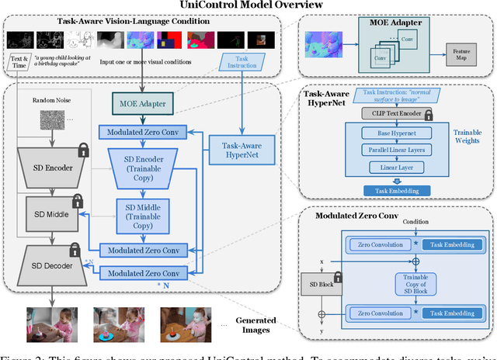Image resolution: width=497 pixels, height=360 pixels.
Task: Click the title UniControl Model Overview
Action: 248,5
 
